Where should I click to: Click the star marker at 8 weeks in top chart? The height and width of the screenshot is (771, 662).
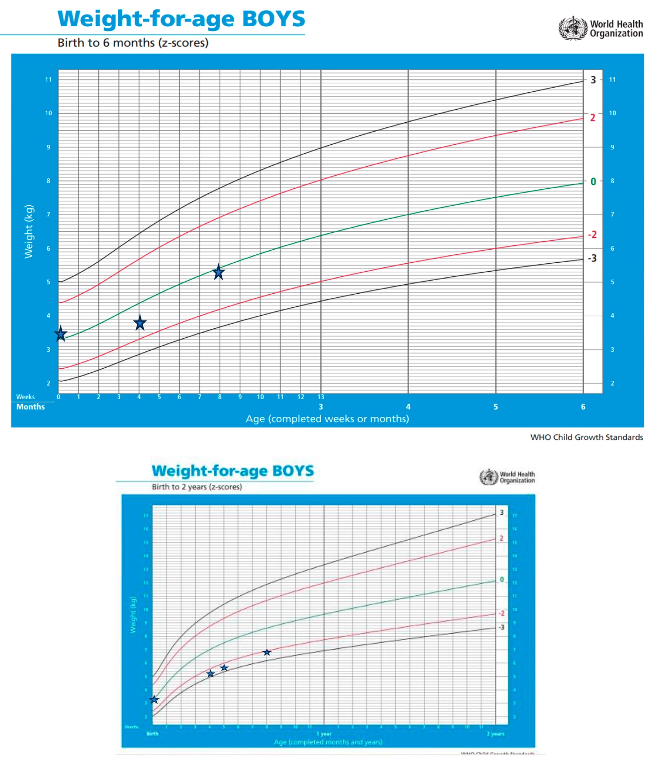[219, 272]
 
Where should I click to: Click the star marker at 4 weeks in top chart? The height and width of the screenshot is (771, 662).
[140, 323]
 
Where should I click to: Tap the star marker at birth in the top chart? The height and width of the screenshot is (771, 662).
[61, 334]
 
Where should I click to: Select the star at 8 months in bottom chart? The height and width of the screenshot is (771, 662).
[267, 652]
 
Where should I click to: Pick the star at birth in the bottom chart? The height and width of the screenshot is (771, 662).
[154, 700]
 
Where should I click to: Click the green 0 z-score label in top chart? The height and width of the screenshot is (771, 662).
[593, 182]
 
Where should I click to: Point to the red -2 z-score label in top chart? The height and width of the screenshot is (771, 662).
[592, 235]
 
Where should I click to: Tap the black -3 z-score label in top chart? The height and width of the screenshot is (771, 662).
[592, 258]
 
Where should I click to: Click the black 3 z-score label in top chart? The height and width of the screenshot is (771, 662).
[593, 80]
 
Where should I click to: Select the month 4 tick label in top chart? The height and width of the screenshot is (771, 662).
[408, 407]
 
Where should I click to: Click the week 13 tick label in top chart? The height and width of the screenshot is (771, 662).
[321, 397]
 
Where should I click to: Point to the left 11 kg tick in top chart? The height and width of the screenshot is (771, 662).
[48, 80]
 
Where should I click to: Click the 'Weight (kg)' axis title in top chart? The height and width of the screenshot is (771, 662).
[29, 231]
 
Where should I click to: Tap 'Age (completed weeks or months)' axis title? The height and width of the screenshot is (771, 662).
[327, 419]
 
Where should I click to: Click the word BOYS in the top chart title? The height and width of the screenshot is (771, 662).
[273, 19]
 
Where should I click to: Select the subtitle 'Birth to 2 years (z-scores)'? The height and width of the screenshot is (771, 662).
[197, 487]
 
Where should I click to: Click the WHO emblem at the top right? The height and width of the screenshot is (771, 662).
[573, 28]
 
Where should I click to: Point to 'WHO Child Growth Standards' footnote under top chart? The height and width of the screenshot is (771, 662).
[587, 437]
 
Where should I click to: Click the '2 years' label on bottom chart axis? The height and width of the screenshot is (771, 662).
[495, 734]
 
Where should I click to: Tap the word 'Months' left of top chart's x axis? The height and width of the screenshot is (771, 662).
[30, 407]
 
